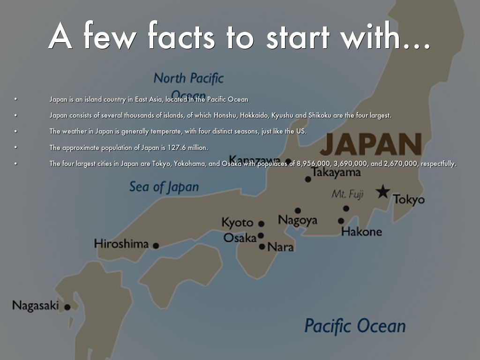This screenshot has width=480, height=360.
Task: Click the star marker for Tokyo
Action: (383, 191)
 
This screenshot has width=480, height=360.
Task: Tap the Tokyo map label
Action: (409, 199)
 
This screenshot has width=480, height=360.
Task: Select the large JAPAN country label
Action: (371, 144)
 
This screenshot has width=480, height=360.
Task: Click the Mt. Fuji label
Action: (347, 194)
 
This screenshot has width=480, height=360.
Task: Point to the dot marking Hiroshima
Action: (156, 246)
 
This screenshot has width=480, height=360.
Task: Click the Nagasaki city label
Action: (36, 306)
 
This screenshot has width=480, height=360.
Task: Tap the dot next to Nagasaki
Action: (67, 307)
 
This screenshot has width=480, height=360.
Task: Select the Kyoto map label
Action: (237, 222)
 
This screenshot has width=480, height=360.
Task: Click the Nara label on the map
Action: (280, 247)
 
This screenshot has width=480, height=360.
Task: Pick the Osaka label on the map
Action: (240, 238)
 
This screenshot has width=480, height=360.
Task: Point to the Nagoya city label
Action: (298, 220)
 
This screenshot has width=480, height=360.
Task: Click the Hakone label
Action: (361, 231)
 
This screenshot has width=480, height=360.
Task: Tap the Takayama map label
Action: (337, 172)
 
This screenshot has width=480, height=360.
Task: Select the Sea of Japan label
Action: (164, 187)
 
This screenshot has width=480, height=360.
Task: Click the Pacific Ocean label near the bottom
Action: (355, 325)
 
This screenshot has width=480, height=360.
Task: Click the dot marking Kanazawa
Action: (288, 161)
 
